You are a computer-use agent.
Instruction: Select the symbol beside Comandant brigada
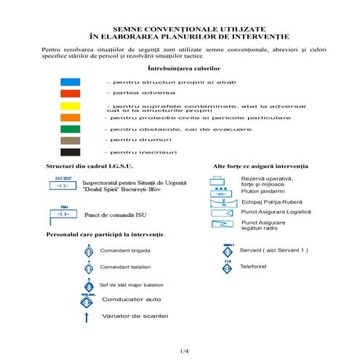tap(88, 251)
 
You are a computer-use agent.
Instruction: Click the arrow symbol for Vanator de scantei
tap(87, 316)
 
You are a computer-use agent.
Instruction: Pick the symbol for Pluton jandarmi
tap(220, 191)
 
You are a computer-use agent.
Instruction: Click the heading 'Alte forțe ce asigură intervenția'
tap(260, 166)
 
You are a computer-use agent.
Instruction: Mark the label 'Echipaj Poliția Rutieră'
tap(271, 201)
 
